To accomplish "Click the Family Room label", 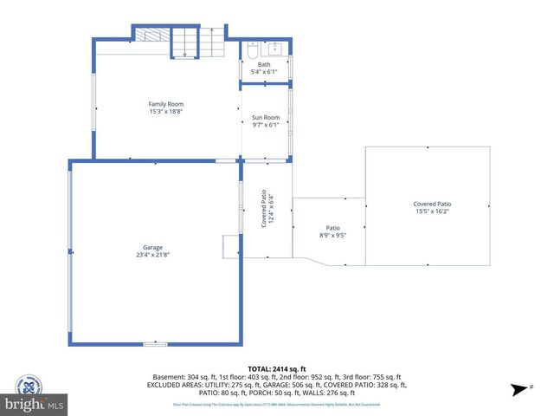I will (x=165, y=104).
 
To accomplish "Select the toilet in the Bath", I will (x=251, y=51).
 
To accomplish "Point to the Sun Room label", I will (x=265, y=117).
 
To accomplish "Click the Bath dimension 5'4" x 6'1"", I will (x=264, y=72).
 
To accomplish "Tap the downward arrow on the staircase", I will (x=184, y=48).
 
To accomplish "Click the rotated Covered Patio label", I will (x=267, y=210).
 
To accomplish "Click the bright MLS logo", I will (x=35, y=405).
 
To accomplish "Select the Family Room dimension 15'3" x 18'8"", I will (x=165, y=112).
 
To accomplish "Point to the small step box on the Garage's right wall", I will (x=231, y=246).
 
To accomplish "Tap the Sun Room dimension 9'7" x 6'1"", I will (x=265, y=125).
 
